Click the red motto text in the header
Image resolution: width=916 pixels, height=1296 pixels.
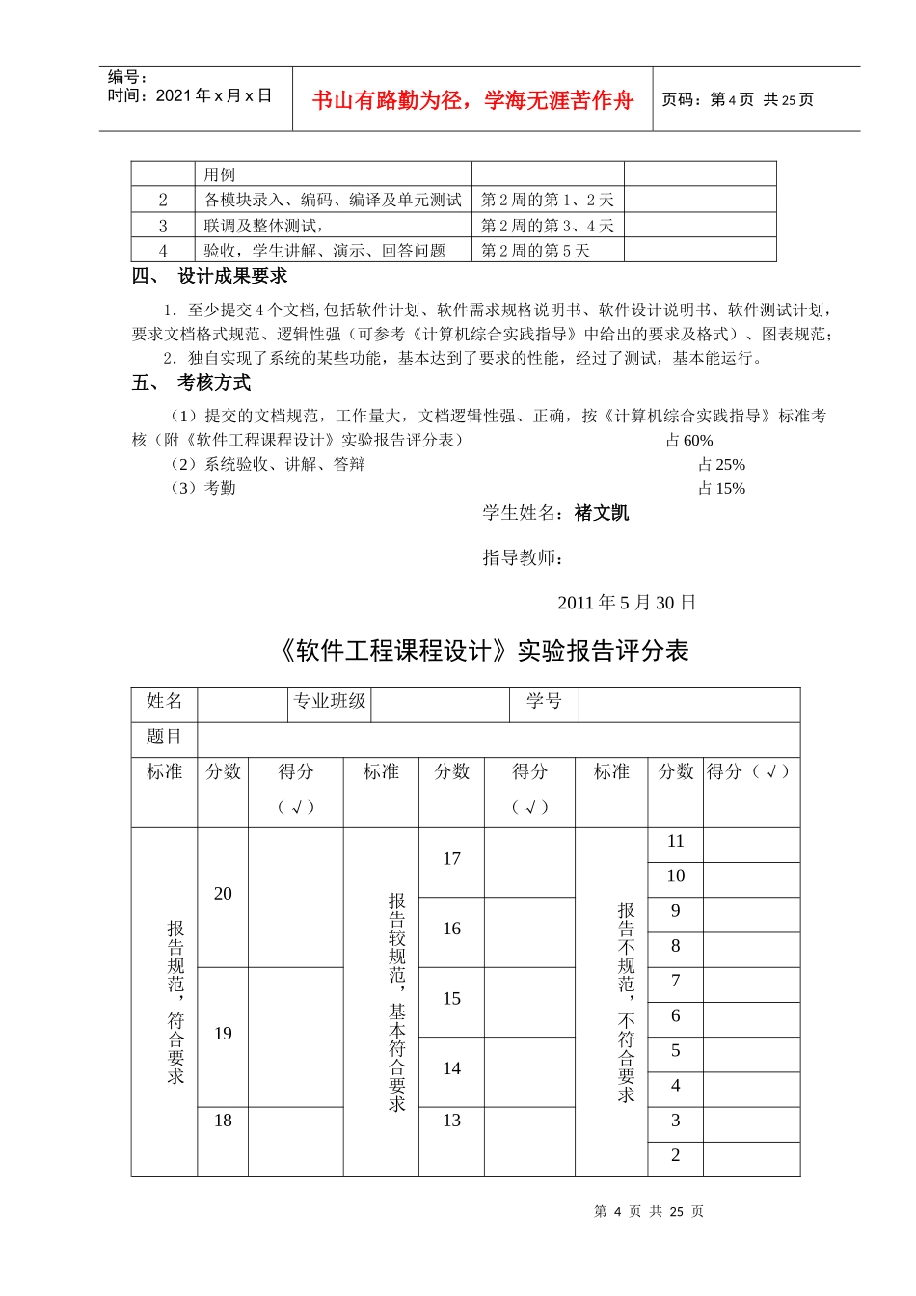point(472,100)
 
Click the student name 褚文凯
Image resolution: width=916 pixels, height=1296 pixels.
point(602,513)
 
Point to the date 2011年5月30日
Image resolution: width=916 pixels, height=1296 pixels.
point(627,603)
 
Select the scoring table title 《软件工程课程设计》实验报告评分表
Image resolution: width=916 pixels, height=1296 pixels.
point(483,651)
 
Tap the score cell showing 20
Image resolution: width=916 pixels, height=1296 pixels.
point(223,894)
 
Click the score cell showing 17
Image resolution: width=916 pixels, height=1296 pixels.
point(451,859)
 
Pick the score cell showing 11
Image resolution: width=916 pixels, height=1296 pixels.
point(675,842)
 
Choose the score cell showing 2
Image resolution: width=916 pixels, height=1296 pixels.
point(675,1155)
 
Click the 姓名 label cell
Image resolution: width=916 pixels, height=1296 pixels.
point(164,701)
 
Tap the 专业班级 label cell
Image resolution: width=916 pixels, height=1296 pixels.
point(330,701)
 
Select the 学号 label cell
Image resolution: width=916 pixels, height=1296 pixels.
point(544,701)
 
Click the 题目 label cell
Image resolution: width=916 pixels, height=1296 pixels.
point(164,737)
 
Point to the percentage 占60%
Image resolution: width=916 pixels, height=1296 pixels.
point(689,441)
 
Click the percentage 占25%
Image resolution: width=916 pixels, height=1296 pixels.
point(721,465)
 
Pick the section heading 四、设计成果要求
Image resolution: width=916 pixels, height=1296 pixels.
point(210,277)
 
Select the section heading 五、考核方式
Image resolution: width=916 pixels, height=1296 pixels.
point(192,383)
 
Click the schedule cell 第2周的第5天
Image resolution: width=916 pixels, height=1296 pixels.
point(535,251)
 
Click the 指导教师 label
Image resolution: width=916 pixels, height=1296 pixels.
point(523,557)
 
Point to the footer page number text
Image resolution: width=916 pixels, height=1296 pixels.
point(649,1211)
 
